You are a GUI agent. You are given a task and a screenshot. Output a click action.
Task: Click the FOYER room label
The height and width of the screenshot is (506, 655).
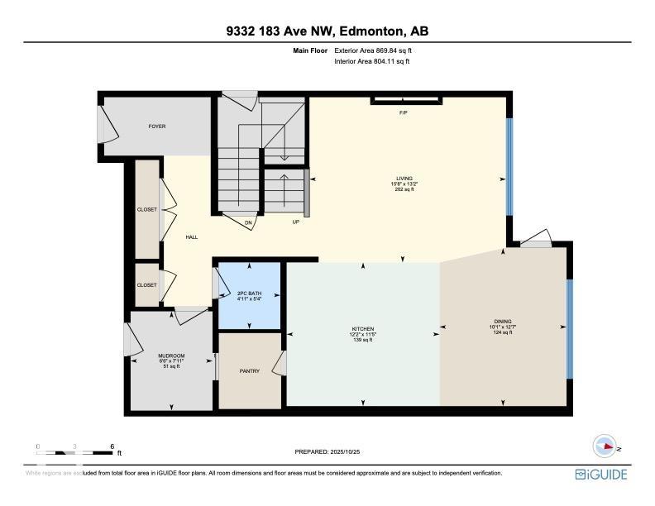[x=157, y=126]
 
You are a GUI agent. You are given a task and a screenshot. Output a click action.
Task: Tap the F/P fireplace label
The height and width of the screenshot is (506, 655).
[x=404, y=112]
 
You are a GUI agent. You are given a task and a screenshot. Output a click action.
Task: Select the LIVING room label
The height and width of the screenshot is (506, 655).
[x=404, y=178]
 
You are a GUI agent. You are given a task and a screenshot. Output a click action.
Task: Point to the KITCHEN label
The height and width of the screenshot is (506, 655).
[x=363, y=329]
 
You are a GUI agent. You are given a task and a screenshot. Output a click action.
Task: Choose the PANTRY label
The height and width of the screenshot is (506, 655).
[x=249, y=371]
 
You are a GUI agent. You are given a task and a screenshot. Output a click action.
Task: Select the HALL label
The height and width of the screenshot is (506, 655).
[x=191, y=237]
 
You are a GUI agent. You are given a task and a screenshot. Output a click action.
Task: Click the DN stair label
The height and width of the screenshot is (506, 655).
[x=247, y=222]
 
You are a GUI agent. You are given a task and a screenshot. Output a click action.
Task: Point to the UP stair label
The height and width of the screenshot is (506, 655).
[x=295, y=222]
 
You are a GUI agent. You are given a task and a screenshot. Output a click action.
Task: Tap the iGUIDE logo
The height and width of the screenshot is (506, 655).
[x=601, y=475]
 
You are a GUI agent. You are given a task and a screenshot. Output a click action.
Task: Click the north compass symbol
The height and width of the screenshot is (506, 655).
[x=606, y=445]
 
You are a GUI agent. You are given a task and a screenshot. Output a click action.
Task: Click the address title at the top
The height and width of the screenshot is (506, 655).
[x=327, y=32]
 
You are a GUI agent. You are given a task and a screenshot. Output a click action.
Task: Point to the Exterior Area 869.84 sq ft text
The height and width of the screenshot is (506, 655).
[x=372, y=50]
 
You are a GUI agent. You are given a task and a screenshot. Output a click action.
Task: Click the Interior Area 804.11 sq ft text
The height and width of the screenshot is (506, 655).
[x=372, y=61]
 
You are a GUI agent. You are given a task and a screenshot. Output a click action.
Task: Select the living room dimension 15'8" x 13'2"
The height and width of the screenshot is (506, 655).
[x=404, y=184]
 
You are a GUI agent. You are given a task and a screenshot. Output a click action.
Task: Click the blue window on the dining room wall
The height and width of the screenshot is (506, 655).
[x=568, y=328]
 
